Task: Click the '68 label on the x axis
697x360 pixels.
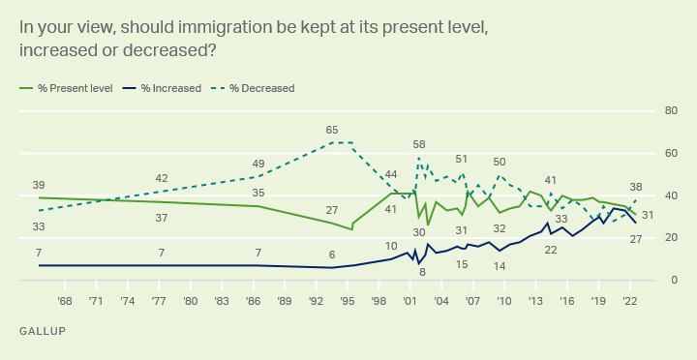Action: pos(65,301)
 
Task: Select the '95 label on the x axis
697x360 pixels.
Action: pos(347,301)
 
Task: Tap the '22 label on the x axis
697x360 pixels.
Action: pos(628,301)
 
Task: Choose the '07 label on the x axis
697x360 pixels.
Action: pos(471,301)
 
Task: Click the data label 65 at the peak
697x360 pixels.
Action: pos(332,130)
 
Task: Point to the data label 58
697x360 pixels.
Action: pos(419,144)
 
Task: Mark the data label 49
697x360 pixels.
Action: pos(258,164)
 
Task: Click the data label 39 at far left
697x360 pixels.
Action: pos(39,185)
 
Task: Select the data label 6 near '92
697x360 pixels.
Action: pos(332,255)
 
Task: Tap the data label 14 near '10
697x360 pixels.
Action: pos(500,265)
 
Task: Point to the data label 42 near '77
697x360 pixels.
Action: pos(162,178)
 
